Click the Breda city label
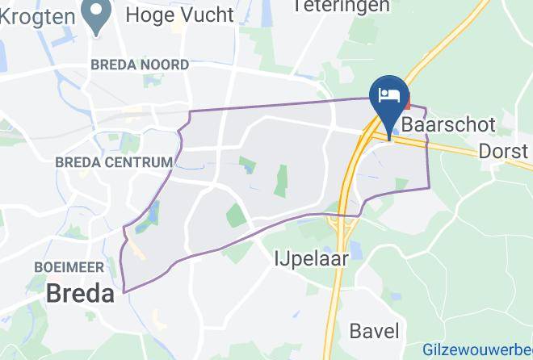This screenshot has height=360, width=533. click(80, 293)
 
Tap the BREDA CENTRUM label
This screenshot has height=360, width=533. click(114, 162)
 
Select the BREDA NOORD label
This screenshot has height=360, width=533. click(140, 65)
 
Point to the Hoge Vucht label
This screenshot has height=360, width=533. click(180, 15)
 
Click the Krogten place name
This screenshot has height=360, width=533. click(38, 15)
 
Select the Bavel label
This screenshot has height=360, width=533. click(374, 330)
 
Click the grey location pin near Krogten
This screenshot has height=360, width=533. click(97, 16)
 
